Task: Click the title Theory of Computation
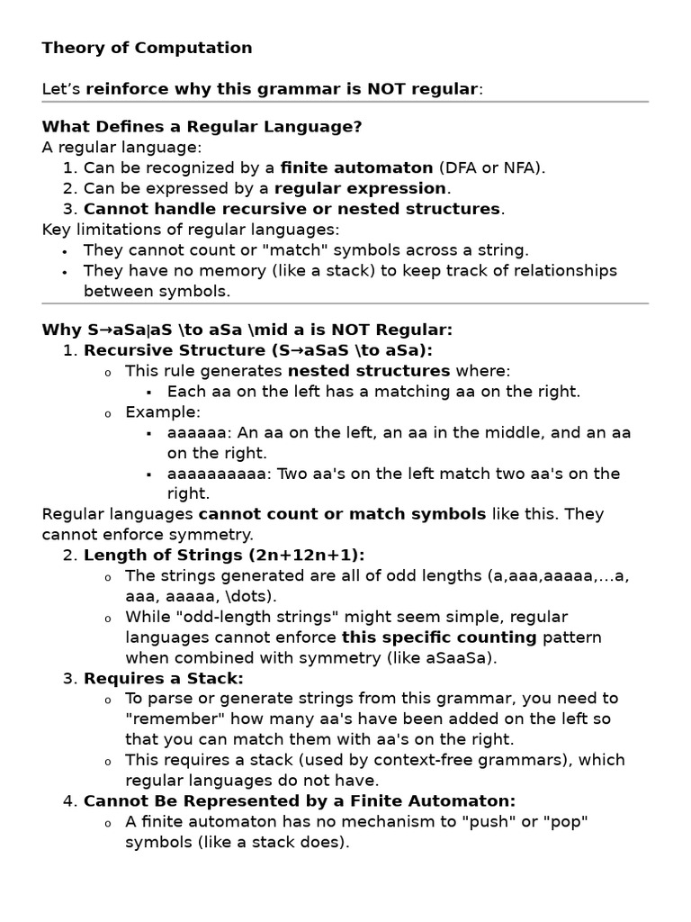coord(147,48)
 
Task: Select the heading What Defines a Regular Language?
coord(202,126)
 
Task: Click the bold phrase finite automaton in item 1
coord(356,167)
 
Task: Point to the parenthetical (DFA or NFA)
coord(492,167)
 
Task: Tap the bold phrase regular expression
coord(360,188)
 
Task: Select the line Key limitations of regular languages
coord(190,230)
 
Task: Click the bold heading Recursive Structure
coord(173,350)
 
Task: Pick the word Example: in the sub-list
coord(163,411)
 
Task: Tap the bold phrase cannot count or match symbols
coord(342,514)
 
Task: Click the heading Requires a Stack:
coord(164,678)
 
